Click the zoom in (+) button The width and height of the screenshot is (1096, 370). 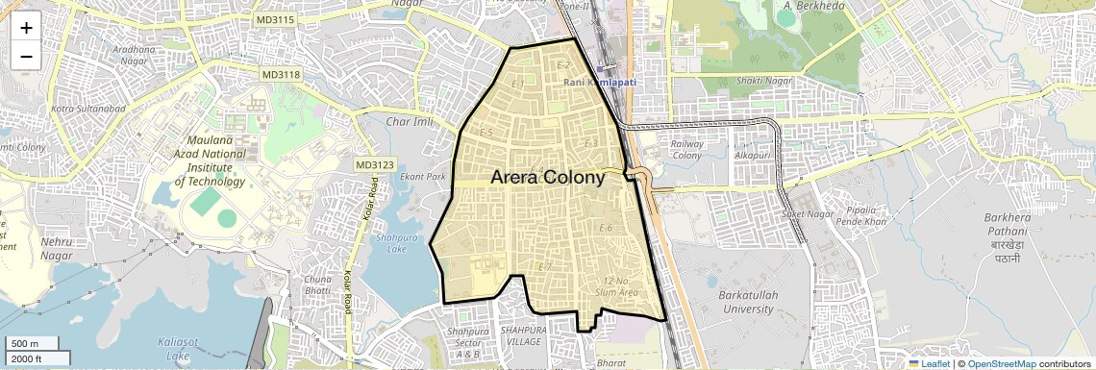(26, 27)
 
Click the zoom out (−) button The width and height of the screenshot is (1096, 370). (26, 56)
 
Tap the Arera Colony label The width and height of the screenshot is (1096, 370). (548, 177)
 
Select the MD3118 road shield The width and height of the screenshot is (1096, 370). (281, 74)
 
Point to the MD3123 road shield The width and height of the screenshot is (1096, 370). (375, 165)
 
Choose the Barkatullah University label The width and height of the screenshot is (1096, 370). (745, 302)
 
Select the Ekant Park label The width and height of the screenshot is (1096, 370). (423, 177)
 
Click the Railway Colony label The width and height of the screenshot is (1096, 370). (686, 149)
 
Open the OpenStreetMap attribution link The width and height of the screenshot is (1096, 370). (1001, 363)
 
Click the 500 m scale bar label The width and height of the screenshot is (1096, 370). (26, 344)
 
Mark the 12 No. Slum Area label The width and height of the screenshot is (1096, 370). (617, 285)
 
